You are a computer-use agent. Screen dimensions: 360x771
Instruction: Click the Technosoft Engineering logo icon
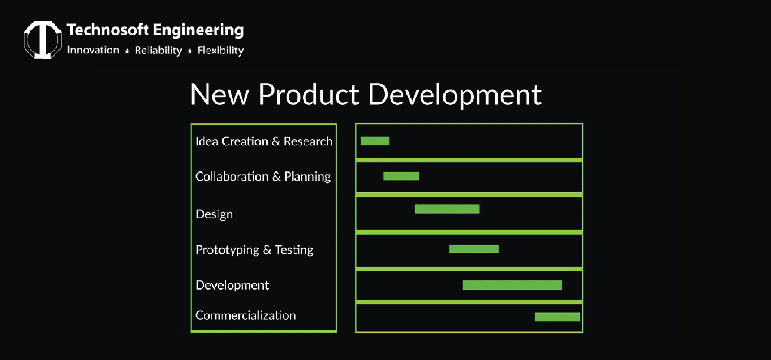click(43, 39)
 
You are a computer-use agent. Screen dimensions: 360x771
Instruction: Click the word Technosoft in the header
click(108, 30)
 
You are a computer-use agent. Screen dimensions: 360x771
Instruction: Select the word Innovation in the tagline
click(93, 50)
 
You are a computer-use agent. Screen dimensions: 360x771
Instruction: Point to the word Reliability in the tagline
click(158, 51)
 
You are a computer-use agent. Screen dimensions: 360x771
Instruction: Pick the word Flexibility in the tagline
click(220, 51)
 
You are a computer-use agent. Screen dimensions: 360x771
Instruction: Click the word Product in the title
click(309, 95)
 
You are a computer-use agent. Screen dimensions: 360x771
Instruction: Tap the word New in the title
click(220, 95)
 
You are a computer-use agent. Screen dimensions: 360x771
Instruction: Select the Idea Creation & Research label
click(263, 141)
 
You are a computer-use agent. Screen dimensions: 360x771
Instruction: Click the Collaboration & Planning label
click(263, 176)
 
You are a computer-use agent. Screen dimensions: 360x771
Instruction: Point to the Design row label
click(214, 214)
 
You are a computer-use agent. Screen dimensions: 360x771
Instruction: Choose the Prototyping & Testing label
click(254, 250)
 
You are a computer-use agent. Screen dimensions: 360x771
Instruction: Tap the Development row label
click(232, 285)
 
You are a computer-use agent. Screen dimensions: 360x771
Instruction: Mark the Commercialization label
click(245, 316)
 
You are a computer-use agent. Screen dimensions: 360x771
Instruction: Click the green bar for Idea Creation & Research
click(375, 141)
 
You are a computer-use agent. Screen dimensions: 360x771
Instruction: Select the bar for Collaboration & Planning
click(401, 176)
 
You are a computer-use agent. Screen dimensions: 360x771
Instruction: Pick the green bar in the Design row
click(447, 209)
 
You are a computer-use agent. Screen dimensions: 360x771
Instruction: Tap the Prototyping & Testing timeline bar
click(474, 249)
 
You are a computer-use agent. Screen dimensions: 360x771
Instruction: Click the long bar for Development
click(512, 285)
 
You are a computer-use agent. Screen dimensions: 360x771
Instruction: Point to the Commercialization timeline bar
click(557, 317)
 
